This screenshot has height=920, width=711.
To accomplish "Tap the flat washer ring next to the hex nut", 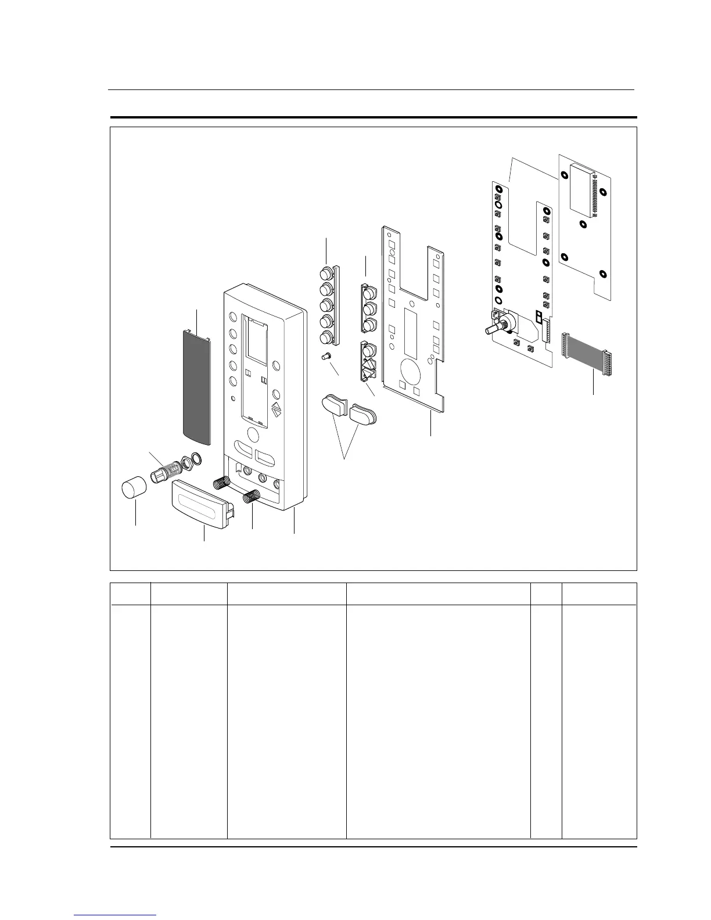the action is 198,459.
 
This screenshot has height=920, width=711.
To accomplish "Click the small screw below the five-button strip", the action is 326,356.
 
